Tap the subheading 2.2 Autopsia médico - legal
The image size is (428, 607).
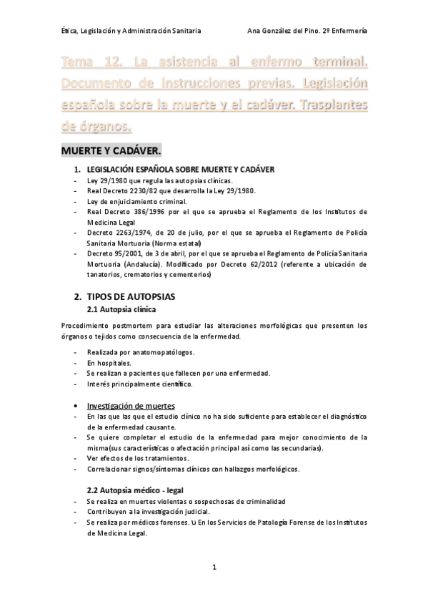point(136,490)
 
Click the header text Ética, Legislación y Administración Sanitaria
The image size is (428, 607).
point(131,31)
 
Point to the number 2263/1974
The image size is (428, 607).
point(129,233)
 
